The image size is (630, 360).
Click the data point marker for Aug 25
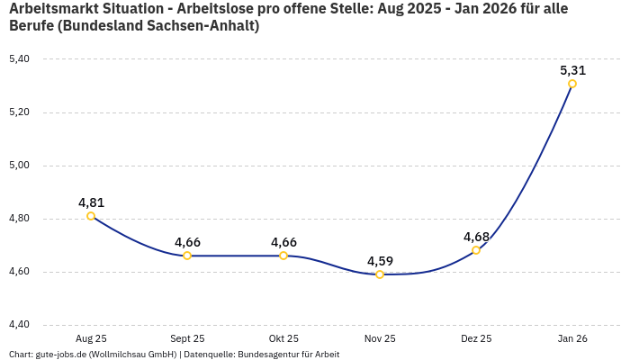91,216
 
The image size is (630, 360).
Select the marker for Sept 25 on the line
187,256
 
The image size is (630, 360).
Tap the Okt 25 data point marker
283,256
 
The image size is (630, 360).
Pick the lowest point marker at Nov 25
380,274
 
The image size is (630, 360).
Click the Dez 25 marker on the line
476,250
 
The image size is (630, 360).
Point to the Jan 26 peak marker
572,84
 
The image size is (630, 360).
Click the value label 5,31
572,69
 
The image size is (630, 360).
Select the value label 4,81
91,202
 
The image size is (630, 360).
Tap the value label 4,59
380,261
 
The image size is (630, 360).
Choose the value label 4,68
476,237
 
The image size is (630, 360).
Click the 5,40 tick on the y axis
19,59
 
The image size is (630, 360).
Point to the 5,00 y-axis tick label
19,166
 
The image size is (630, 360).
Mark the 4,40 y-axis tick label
19,325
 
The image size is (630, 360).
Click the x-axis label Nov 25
380,338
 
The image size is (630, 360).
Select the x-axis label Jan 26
572,338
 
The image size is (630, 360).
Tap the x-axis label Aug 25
91,338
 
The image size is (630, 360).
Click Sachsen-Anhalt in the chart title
203,26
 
